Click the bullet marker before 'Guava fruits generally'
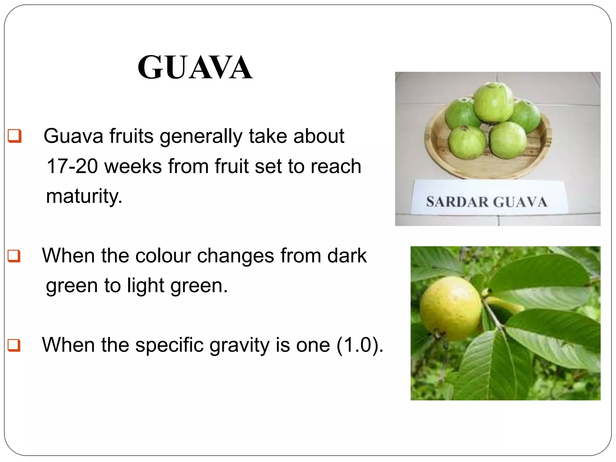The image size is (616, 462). [14, 136]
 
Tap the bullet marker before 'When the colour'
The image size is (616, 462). [14, 256]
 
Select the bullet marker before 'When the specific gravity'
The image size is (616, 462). [14, 345]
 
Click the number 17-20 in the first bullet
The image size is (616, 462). [72, 166]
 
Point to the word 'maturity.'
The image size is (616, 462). [84, 196]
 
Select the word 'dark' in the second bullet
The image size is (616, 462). [347, 256]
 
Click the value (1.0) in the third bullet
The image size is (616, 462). [359, 345]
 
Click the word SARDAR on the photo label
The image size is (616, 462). [457, 202]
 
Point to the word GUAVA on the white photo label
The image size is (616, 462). [520, 202]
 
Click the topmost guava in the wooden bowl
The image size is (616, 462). [493, 102]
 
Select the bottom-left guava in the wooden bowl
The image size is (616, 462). [467, 142]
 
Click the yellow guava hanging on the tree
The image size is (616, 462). [450, 308]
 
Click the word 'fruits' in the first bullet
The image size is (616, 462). [131, 136]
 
